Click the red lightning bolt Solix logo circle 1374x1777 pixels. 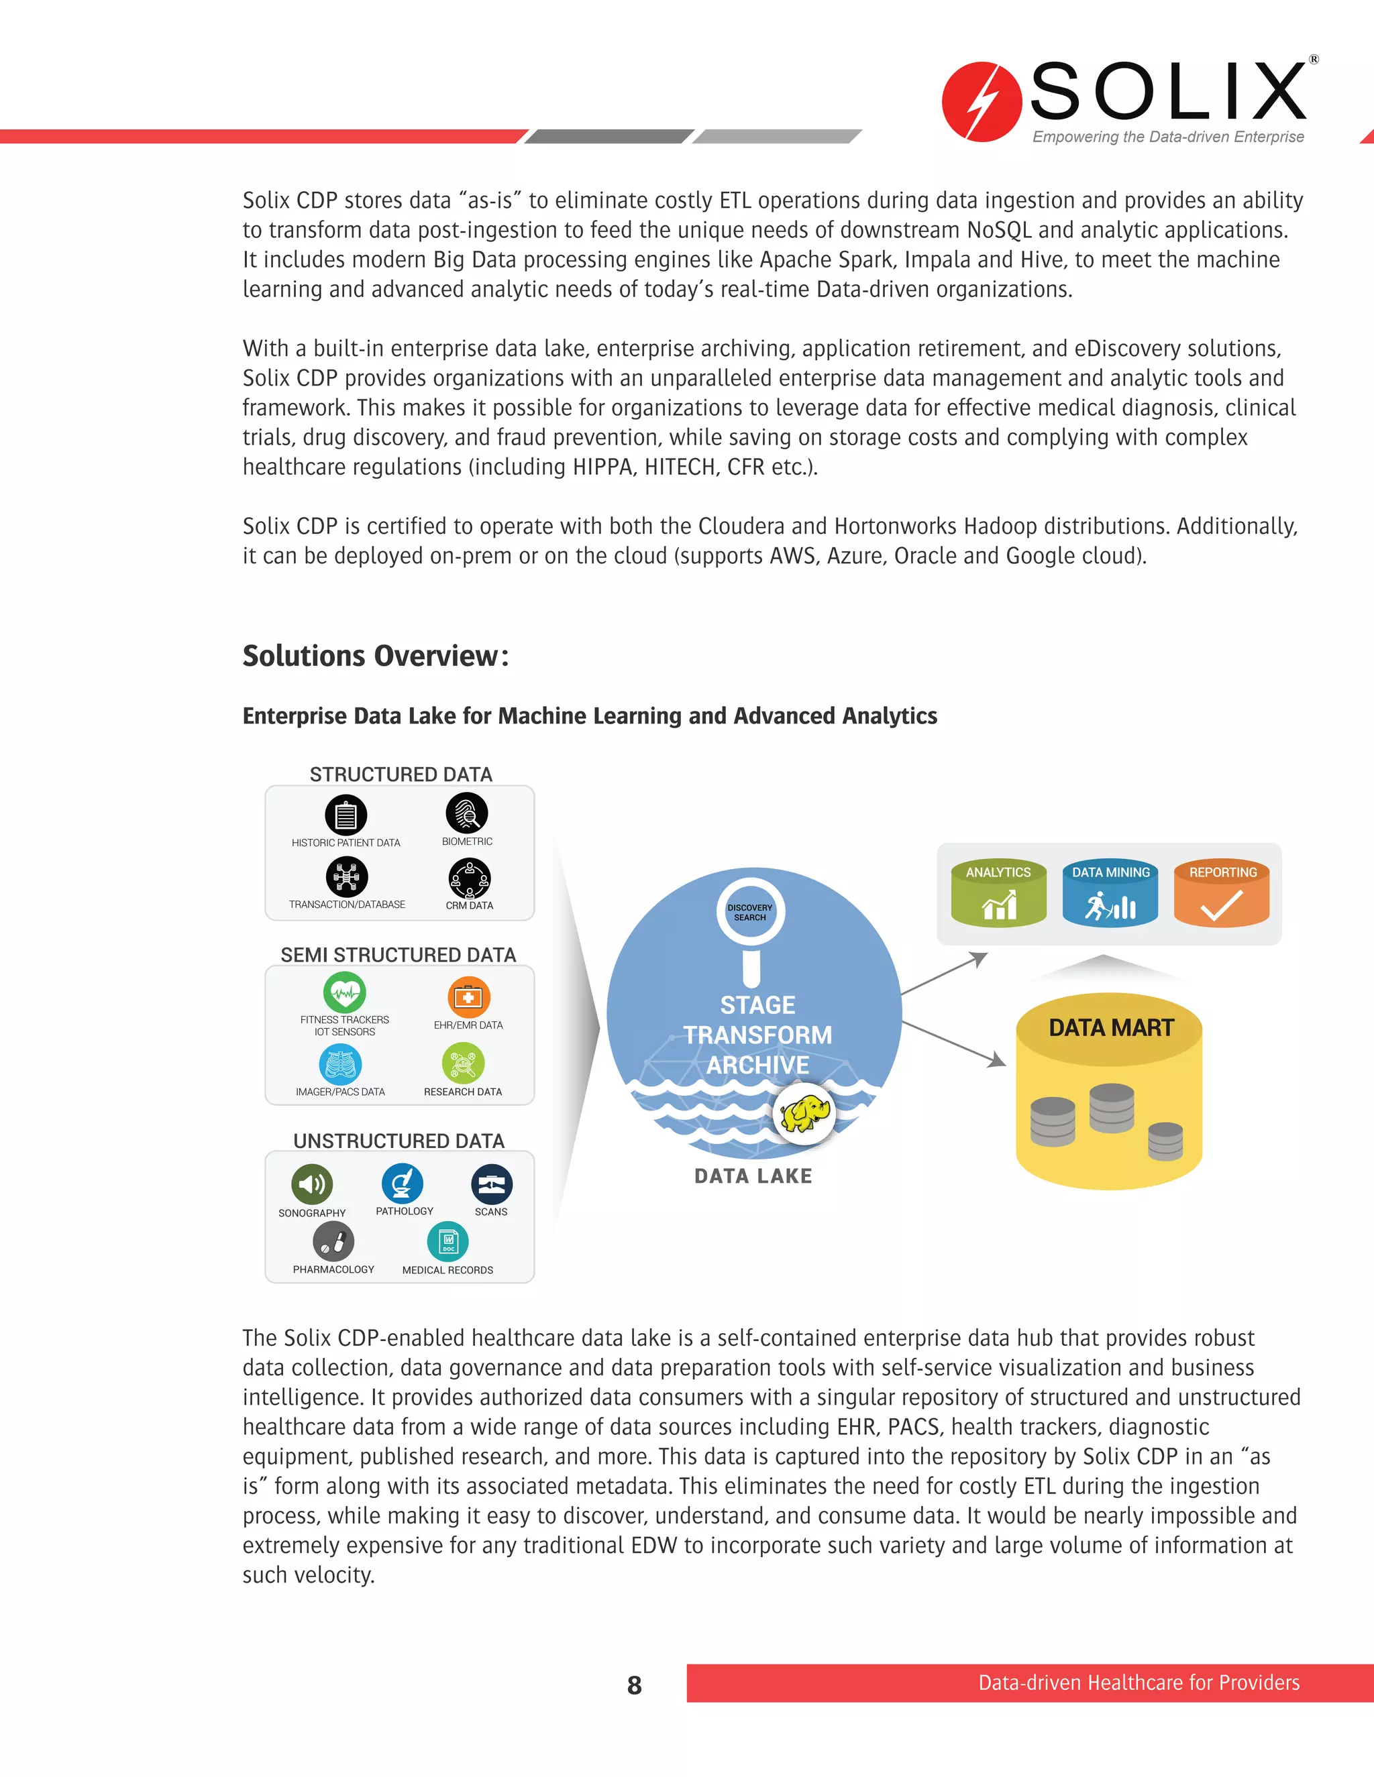point(981,102)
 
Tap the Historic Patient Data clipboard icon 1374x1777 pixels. point(346,815)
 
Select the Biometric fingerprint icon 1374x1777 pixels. point(467,813)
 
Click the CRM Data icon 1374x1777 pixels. point(470,878)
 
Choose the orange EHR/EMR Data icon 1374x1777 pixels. point(468,998)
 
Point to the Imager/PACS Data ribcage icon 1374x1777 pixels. point(340,1064)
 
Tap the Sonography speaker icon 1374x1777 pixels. point(312,1184)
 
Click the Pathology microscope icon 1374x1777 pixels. point(402,1183)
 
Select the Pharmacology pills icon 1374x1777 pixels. point(333,1242)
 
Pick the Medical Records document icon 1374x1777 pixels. point(447,1242)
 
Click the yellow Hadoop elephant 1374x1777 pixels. point(804,1113)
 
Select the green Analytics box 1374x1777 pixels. point(999,893)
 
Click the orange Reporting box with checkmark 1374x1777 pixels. point(1222,893)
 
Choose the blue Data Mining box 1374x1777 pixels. point(1110,893)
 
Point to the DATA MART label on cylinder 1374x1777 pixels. point(1111,1027)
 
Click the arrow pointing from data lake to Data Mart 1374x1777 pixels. point(955,1043)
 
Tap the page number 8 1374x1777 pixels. point(634,1685)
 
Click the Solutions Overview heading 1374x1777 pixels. point(375,656)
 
